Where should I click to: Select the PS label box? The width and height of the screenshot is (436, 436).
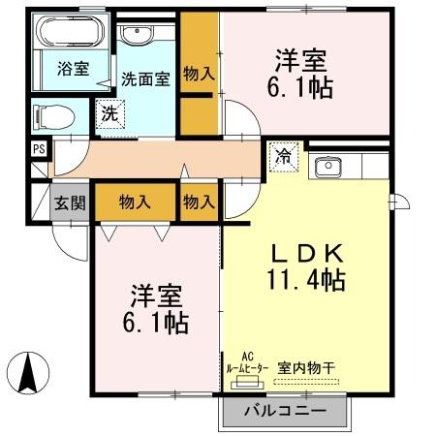point(39,149)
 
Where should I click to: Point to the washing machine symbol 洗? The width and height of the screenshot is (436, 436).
point(109,113)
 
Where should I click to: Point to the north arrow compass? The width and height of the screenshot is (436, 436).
point(30,372)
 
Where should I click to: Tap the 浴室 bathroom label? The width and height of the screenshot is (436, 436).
point(72,69)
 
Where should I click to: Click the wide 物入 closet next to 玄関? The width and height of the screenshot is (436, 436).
point(136,202)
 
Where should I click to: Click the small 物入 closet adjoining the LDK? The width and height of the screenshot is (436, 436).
point(199,202)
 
